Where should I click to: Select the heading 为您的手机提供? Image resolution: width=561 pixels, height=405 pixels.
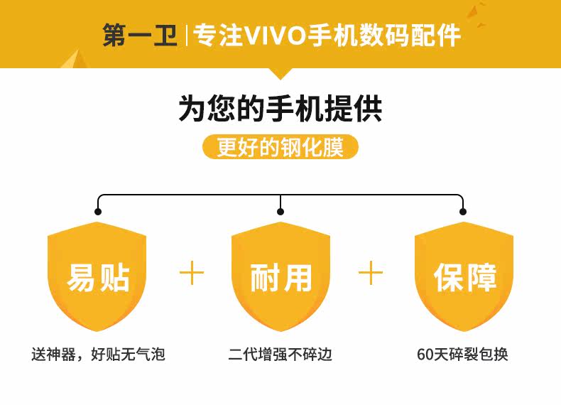coord(280,109)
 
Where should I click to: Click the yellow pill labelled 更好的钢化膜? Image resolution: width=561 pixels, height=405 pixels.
coord(280,147)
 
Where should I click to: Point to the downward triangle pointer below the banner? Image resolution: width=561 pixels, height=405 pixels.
coord(280,73)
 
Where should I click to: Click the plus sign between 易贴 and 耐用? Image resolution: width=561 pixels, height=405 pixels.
coord(191,273)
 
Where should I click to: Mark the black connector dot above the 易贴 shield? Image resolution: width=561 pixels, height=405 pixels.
coord(98,211)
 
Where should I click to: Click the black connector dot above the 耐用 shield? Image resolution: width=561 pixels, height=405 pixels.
coord(280,211)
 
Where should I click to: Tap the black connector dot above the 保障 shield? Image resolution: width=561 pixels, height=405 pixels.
coord(463,211)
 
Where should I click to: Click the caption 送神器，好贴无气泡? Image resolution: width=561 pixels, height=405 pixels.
coord(98,354)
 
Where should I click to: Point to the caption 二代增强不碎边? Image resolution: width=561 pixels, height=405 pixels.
coord(280,354)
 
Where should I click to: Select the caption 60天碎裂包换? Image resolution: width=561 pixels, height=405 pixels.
coord(463,354)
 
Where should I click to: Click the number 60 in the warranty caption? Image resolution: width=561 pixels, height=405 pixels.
coord(425,354)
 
